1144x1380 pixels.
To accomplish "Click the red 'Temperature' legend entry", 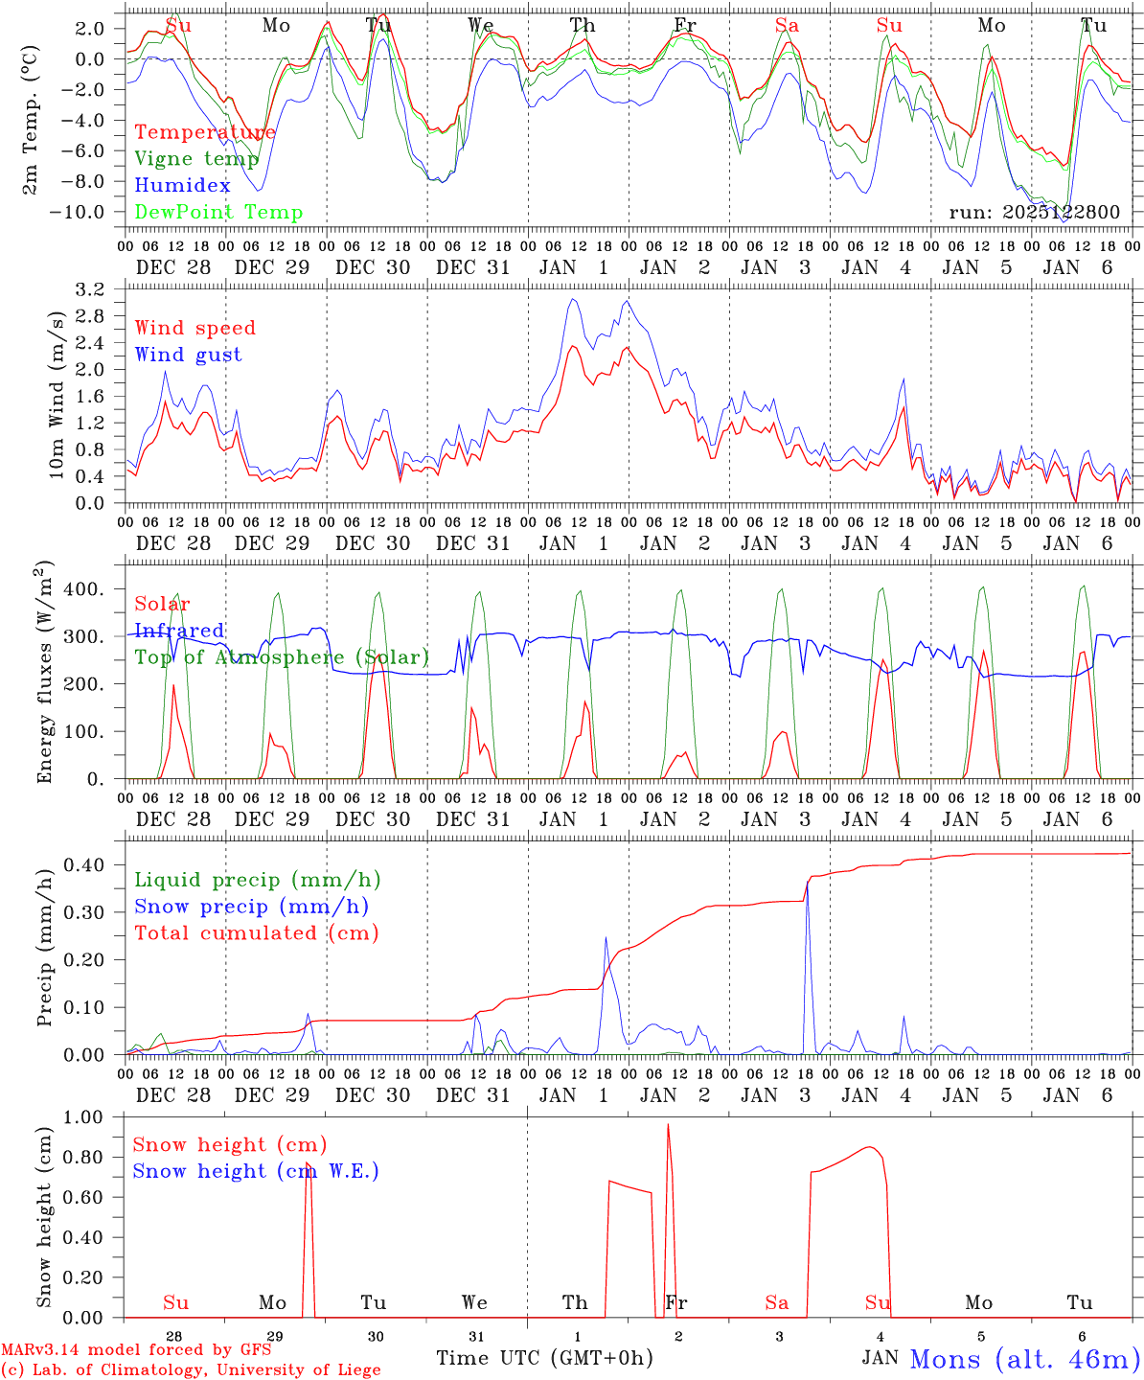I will click(x=204, y=132).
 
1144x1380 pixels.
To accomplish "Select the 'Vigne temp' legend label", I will click(x=196, y=159).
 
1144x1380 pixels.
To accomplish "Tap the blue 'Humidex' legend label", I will click(x=182, y=186).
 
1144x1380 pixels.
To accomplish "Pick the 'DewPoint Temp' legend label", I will click(x=218, y=213).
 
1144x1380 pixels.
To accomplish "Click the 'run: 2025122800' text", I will click(x=1034, y=213).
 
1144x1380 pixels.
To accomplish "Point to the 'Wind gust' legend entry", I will click(x=188, y=355).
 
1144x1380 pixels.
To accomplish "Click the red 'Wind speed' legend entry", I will click(x=194, y=328).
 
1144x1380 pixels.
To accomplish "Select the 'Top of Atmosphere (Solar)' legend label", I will click(x=281, y=657).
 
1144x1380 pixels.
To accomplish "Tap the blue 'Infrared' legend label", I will click(x=179, y=631).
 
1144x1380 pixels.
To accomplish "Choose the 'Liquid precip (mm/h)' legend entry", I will click(x=257, y=880).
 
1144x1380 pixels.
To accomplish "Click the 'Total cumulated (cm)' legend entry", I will click(x=256, y=933).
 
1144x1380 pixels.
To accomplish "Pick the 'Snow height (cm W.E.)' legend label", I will click(x=255, y=1171).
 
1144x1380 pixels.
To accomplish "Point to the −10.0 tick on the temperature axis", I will click(x=77, y=212).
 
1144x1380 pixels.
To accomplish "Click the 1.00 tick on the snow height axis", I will click(x=83, y=1116).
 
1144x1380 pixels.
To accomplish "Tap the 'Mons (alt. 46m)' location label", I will click(x=1024, y=1359).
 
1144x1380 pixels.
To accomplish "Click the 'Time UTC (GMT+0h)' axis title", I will click(x=544, y=1358).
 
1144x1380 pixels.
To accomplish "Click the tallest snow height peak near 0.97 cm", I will click(x=668, y=1125).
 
